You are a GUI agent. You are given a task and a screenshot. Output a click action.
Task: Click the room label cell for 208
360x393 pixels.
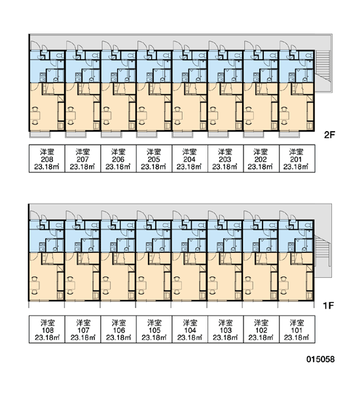coord(47,159)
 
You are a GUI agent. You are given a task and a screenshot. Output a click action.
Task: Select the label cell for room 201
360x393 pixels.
coord(297,159)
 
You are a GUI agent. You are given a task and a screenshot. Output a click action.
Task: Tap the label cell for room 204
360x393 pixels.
coord(190,159)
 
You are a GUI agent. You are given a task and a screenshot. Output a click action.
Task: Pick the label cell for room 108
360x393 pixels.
coord(47,329)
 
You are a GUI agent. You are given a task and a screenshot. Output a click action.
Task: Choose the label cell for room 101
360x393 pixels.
coord(297,329)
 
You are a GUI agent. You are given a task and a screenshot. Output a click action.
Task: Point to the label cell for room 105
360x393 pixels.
coord(154,329)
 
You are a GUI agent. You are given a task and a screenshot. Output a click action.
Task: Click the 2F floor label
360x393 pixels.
coord(329,135)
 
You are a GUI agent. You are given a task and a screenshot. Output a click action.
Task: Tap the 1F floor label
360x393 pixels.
coord(329,305)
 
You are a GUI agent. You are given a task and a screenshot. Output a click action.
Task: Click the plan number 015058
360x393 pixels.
coord(321,359)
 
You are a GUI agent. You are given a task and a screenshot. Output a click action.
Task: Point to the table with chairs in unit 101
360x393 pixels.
coord(284,285)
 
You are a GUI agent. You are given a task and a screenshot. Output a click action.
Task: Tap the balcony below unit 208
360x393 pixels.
coord(40,134)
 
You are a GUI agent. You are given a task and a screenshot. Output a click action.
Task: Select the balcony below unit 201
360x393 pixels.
coord(289,134)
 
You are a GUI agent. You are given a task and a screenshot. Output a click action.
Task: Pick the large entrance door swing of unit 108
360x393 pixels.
coord(34,215)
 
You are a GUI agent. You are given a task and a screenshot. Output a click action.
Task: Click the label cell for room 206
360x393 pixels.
coord(118,159)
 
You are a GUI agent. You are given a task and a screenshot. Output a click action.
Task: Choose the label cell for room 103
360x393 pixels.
coord(225,329)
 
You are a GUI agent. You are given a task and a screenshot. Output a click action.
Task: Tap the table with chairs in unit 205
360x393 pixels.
coord(142,115)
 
